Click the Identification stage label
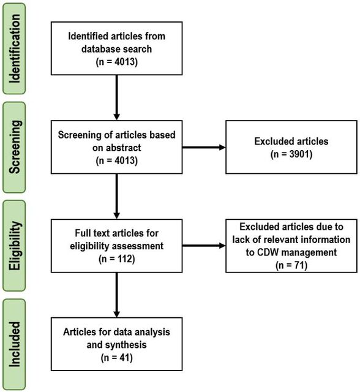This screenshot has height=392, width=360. coord(14,49)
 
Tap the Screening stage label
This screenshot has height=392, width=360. coord(14,147)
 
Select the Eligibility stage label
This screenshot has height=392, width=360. coord(14,246)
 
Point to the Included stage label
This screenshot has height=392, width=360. coord(14,344)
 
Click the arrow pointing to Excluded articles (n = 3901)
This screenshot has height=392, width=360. coord(204,147)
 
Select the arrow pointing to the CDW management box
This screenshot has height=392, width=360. coord(204,246)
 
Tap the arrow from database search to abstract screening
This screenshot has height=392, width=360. coord(117,97)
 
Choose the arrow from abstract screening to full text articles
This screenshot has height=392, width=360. coord(117,196)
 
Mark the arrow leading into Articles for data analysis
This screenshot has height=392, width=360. coord(117,295)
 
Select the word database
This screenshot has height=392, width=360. coord(99,49)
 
